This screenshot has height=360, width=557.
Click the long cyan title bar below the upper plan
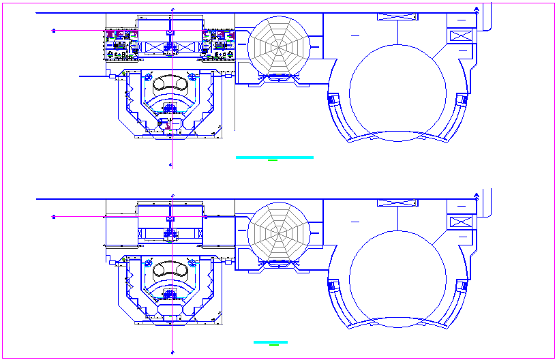tap(274, 157)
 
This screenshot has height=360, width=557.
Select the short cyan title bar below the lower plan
tap(270, 342)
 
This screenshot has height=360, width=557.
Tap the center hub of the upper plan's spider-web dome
tap(279, 44)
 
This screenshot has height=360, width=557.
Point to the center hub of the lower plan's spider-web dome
tap(279, 230)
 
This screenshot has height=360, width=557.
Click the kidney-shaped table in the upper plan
tap(170, 84)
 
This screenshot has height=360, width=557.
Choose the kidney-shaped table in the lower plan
tap(170, 269)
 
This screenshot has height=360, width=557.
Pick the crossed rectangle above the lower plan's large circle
tap(397, 203)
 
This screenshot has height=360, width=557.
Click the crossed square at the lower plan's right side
tap(461, 222)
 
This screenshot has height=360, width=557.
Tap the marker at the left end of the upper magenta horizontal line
tap(53, 30)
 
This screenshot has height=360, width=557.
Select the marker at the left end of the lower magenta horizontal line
tap(53, 216)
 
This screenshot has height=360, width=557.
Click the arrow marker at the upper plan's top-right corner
tap(475, 9)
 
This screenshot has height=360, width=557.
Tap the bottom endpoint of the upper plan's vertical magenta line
tap(171, 165)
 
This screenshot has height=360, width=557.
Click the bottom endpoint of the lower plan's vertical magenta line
tap(171, 352)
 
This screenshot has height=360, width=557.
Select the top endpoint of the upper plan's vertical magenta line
tap(172, 9)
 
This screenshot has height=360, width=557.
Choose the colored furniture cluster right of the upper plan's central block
tap(220, 43)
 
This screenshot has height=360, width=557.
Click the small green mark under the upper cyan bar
tap(273, 162)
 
